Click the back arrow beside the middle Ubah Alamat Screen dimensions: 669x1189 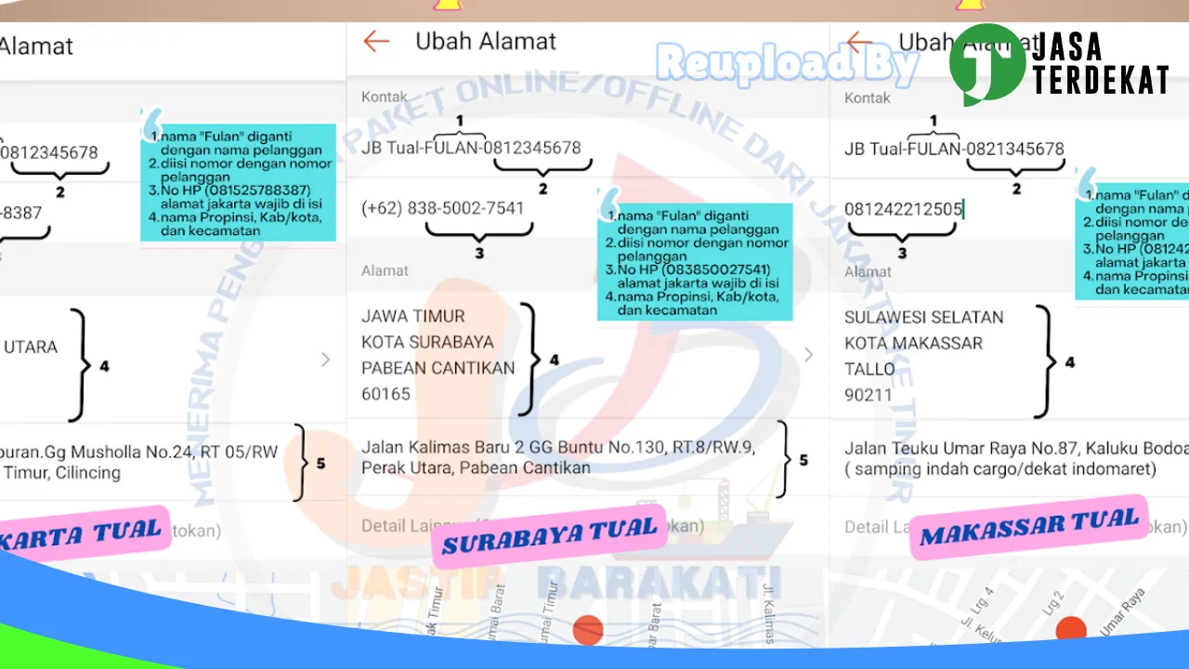click(x=376, y=42)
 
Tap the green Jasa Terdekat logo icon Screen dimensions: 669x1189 click(x=986, y=64)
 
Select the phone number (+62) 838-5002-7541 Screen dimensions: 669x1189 click(x=442, y=208)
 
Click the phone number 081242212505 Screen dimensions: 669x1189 click(x=903, y=209)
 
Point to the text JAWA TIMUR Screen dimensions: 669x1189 click(x=413, y=316)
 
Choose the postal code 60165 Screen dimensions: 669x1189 click(x=385, y=394)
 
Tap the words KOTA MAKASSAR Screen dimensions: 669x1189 click(x=900, y=343)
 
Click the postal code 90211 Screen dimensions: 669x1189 click(x=869, y=395)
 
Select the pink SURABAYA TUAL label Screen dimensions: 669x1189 click(x=549, y=534)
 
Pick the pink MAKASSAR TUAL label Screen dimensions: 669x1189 click(x=1028, y=527)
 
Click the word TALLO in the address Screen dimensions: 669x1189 click(x=869, y=369)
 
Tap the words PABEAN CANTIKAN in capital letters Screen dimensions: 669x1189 click(x=438, y=368)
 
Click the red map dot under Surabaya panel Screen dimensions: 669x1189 click(x=588, y=630)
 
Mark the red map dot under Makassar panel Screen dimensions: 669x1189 click(x=1071, y=629)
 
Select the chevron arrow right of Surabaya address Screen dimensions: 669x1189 click(x=808, y=355)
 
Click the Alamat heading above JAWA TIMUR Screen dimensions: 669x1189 click(x=385, y=270)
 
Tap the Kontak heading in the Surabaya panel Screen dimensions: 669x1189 click(x=385, y=97)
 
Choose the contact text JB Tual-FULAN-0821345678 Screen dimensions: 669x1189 click(x=954, y=149)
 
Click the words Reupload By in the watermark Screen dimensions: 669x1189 click(x=788, y=63)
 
